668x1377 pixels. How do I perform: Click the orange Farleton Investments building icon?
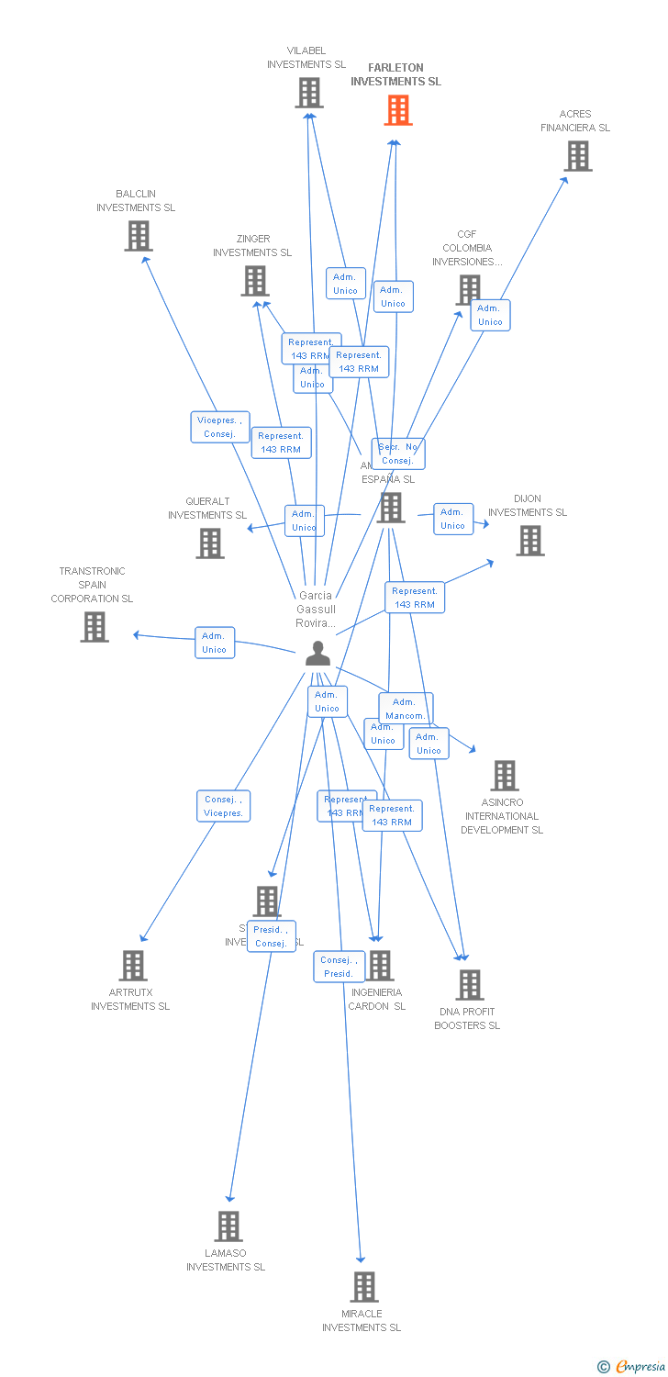pyautogui.click(x=397, y=110)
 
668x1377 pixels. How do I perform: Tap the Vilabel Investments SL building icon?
pyautogui.click(x=309, y=93)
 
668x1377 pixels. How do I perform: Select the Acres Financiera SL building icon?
pyautogui.click(x=577, y=156)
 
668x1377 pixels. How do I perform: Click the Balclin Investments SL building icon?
pyautogui.click(x=138, y=236)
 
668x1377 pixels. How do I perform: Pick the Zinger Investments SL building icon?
pyautogui.click(x=254, y=281)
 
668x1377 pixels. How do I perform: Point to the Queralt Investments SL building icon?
pyautogui.click(x=210, y=543)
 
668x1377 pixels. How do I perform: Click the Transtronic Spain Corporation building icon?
pyautogui.click(x=95, y=627)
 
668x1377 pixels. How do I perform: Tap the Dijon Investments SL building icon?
pyautogui.click(x=529, y=541)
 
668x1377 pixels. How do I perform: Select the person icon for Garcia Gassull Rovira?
pyautogui.click(x=317, y=653)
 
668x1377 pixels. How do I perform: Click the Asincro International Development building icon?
pyautogui.click(x=504, y=776)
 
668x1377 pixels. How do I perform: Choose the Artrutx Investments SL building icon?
pyautogui.click(x=133, y=966)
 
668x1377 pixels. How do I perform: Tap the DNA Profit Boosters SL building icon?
pyautogui.click(x=469, y=985)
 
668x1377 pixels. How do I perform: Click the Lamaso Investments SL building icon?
pyautogui.click(x=228, y=1226)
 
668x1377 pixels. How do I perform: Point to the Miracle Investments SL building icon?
pyautogui.click(x=363, y=1287)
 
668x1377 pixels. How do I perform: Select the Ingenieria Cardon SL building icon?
pyautogui.click(x=379, y=966)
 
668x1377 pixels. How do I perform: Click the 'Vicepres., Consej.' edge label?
pyautogui.click(x=220, y=427)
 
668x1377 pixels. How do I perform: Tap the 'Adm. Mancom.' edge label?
pyautogui.click(x=405, y=708)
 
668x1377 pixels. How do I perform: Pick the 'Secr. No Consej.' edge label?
pyautogui.click(x=398, y=453)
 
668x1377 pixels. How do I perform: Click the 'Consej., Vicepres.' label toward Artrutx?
pyautogui.click(x=223, y=806)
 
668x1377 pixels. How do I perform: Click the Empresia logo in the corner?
pyautogui.click(x=632, y=1367)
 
